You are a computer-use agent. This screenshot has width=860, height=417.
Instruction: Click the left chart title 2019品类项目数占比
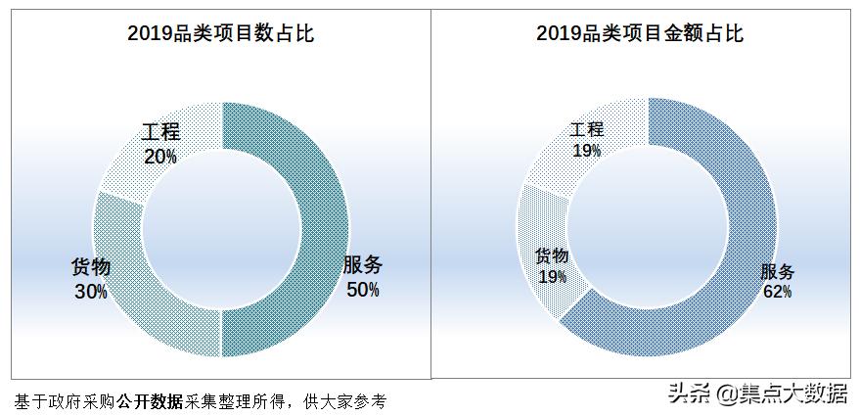coord(220,34)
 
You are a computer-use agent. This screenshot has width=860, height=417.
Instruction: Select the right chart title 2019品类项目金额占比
coord(640,34)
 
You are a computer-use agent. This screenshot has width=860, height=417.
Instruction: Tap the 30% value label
coord(90,291)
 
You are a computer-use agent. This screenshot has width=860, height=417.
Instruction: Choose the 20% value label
coord(160,156)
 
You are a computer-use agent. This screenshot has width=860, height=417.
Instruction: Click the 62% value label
coord(777,291)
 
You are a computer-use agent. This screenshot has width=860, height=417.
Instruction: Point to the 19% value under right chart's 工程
coord(586,150)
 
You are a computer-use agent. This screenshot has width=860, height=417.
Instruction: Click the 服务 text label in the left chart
coord(362,265)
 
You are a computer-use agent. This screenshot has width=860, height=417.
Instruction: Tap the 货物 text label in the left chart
coord(91,267)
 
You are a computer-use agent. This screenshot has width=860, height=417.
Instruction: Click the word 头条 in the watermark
coord(688,394)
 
